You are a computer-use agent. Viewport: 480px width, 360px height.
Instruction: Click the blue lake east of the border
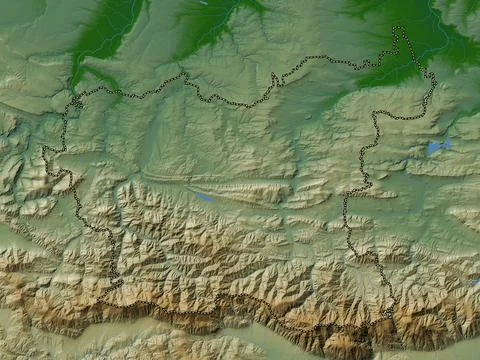(437, 147)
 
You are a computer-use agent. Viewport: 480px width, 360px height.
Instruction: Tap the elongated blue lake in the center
(203, 196)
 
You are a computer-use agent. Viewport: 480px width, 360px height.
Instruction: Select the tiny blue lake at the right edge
(473, 283)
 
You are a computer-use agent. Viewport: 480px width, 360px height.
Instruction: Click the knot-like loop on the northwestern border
(76, 102)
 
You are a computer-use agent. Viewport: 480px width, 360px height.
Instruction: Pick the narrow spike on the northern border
(275, 77)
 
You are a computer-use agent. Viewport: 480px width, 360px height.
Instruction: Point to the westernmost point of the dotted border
(43, 150)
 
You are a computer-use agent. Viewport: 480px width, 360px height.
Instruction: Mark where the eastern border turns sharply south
(376, 114)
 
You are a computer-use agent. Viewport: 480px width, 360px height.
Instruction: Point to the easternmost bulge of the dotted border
(436, 80)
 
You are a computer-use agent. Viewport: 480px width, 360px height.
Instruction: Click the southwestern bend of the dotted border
(115, 285)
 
